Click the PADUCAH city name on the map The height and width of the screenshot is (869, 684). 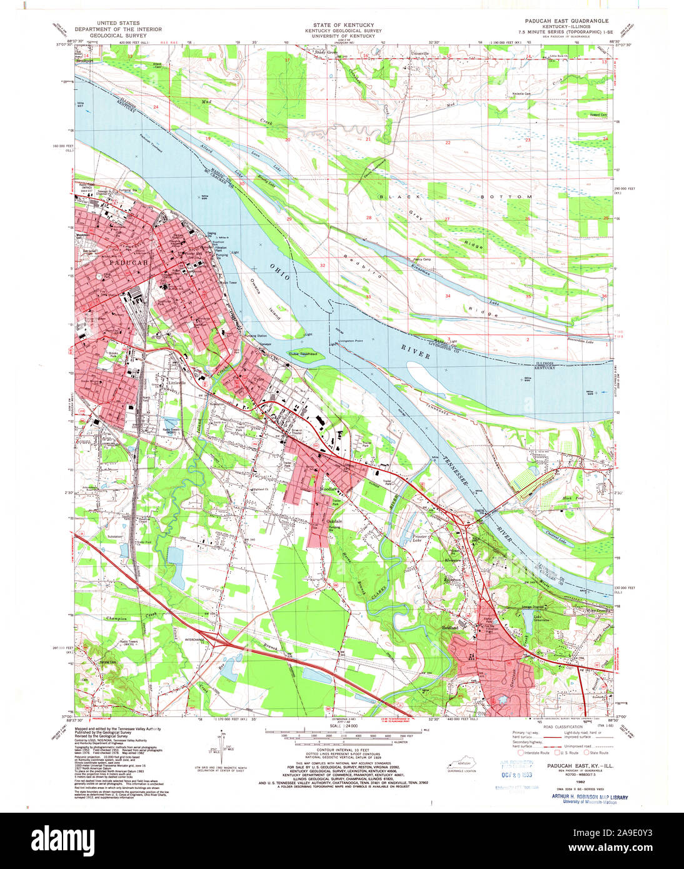[128, 263]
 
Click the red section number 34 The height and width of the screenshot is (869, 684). [448, 295]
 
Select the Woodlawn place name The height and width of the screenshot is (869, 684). [328, 488]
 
